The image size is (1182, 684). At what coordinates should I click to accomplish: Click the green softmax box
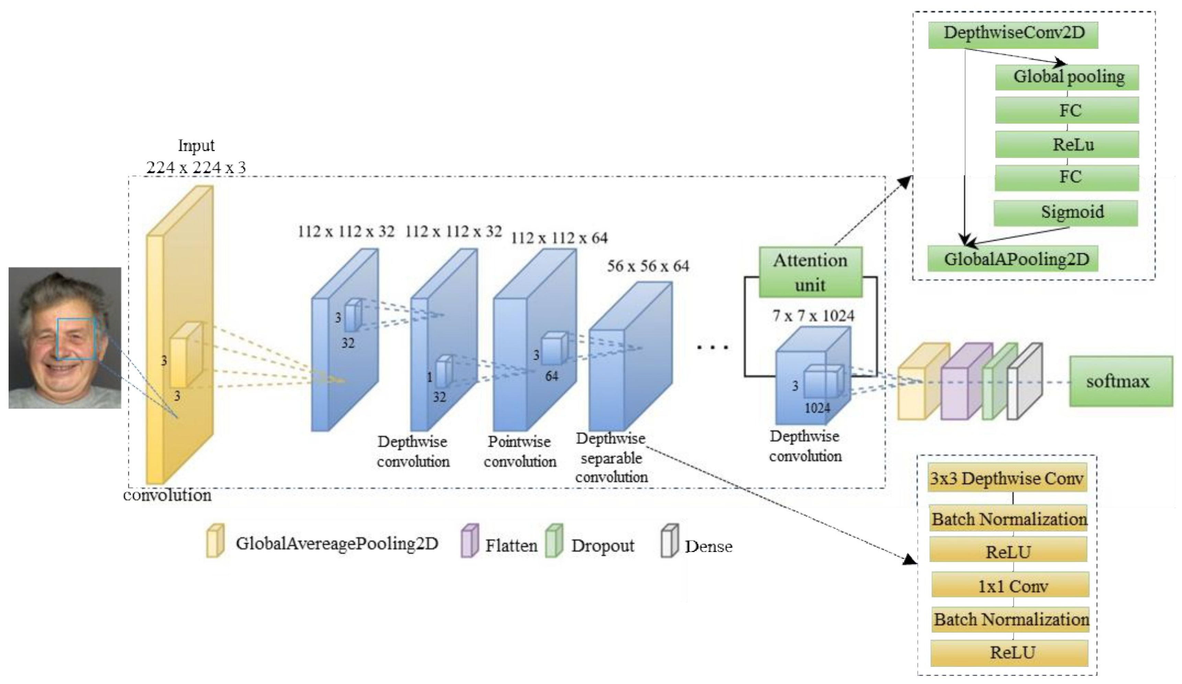(x=1120, y=381)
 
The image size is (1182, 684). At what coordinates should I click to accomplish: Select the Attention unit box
(x=810, y=273)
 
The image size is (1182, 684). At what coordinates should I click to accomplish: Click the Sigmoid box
(x=1066, y=212)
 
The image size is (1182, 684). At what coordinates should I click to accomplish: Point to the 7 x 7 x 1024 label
(x=813, y=316)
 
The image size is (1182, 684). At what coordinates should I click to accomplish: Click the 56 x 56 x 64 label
(x=648, y=266)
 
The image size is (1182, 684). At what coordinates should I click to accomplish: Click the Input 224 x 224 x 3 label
(x=196, y=157)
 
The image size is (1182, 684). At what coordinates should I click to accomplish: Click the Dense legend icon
(x=669, y=541)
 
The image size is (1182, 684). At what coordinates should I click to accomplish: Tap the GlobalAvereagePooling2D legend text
(x=337, y=543)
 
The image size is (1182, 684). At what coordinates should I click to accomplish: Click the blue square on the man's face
(x=76, y=339)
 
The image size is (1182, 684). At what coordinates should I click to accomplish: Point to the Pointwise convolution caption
(x=520, y=451)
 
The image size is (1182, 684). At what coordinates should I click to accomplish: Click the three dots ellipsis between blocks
(x=712, y=347)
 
